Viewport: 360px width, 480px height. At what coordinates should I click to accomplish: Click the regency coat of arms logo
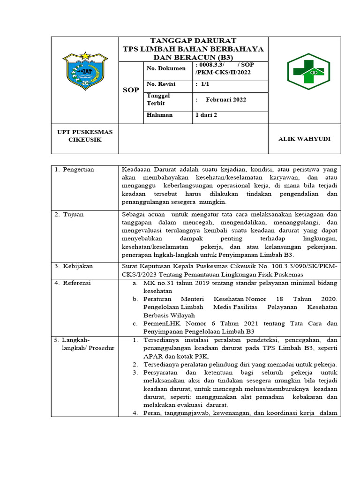[84, 71]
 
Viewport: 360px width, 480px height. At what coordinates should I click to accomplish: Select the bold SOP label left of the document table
[130, 90]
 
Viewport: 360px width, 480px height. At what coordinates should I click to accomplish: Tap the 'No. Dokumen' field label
[163, 68]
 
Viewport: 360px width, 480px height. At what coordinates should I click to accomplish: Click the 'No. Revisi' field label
[161, 84]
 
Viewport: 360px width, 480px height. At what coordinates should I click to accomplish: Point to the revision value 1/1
[202, 84]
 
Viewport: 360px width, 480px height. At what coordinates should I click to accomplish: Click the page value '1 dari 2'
[206, 115]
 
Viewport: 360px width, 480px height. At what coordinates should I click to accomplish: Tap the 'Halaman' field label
[159, 115]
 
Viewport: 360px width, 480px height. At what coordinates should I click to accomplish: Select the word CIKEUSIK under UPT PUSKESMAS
[85, 140]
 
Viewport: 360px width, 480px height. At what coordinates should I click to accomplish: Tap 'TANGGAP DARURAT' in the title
[193, 41]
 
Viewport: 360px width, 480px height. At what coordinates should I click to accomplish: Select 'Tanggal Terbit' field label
[158, 99]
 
